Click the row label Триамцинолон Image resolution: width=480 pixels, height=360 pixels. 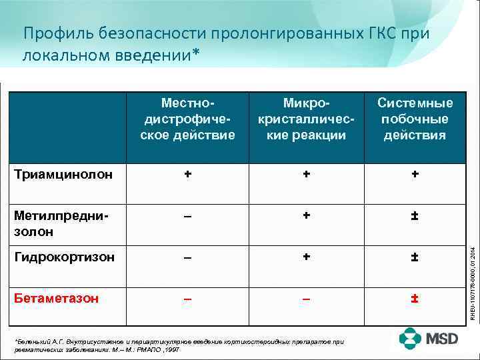coord(63,175)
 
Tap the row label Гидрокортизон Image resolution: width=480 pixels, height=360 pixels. coord(64,257)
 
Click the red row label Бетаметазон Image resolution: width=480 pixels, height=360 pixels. coord(56,298)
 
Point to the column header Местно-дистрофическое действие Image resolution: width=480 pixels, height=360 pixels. coord(189,119)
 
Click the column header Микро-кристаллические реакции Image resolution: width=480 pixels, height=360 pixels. coord(306,119)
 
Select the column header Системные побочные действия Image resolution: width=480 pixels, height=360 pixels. coord(415,119)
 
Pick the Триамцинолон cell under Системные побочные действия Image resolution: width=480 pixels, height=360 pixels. coord(415,174)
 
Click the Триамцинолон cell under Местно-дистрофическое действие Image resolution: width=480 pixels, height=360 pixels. coord(189,174)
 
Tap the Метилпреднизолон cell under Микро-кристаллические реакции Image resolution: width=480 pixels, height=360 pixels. coord(306,215)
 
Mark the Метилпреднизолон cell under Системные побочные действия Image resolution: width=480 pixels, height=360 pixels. coord(415,215)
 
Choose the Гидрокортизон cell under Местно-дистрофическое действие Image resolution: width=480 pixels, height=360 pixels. coord(189,257)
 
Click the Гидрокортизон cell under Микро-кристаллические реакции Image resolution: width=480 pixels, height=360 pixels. coord(306,257)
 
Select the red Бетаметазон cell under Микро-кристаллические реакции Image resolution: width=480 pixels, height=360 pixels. coord(306,298)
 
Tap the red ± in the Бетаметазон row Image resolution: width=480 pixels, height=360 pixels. coord(415,298)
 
